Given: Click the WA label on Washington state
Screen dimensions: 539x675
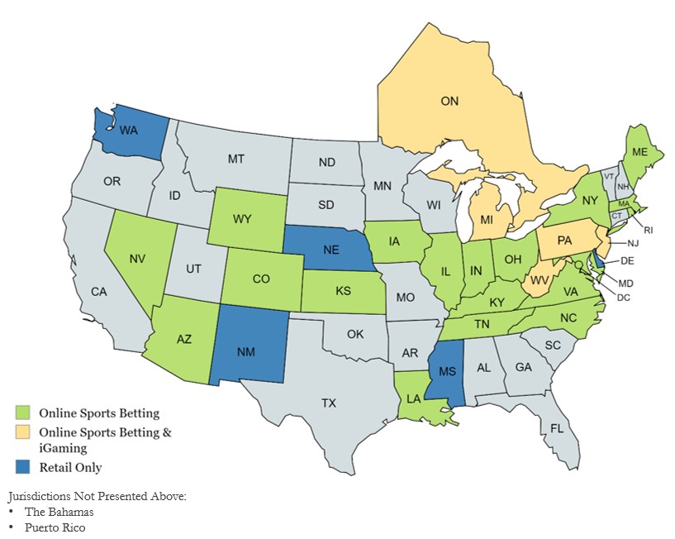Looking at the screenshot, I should pyautogui.click(x=129, y=131).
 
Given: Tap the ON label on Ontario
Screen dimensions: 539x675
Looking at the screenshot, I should pyautogui.click(x=449, y=101).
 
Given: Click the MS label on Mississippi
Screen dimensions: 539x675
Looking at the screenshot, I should pyautogui.click(x=447, y=372).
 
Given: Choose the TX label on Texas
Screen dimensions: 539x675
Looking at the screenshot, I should pyautogui.click(x=329, y=403).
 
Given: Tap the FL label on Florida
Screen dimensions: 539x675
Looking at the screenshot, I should pyautogui.click(x=559, y=429).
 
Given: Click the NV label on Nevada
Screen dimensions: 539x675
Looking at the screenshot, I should pyautogui.click(x=137, y=257).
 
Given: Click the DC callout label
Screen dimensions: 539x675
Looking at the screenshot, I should pyautogui.click(x=623, y=297).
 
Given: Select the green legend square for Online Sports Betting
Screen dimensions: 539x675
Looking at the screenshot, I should pyautogui.click(x=22, y=412).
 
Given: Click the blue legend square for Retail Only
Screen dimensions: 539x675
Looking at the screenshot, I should pyautogui.click(x=22, y=467).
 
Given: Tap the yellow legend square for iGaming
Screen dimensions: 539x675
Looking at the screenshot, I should pyautogui.click(x=22, y=432).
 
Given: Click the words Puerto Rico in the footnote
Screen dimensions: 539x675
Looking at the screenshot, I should pyautogui.click(x=55, y=527).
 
